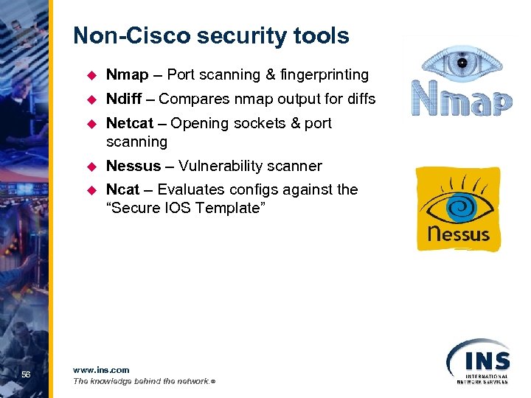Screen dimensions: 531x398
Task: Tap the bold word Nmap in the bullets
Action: [x=127, y=74]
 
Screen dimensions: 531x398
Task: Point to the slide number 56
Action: [x=26, y=375]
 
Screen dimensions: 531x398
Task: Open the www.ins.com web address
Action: [x=101, y=369]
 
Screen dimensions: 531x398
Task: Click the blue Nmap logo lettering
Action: [x=462, y=99]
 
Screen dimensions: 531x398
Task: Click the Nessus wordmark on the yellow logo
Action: [x=458, y=234]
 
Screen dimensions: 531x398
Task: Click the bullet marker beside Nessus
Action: [x=92, y=166]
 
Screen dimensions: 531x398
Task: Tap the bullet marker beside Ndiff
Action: [x=92, y=99]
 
